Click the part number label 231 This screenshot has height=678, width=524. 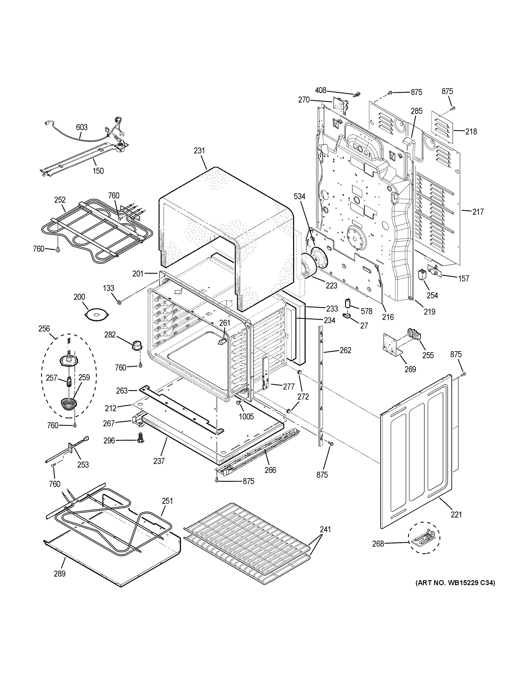199,151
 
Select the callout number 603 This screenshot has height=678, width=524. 82,127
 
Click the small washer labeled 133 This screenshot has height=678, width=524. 119,301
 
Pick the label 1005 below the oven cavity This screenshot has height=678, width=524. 246,416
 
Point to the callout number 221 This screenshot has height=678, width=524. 456,515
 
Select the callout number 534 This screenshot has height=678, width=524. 299,196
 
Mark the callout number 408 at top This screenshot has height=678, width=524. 321,90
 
